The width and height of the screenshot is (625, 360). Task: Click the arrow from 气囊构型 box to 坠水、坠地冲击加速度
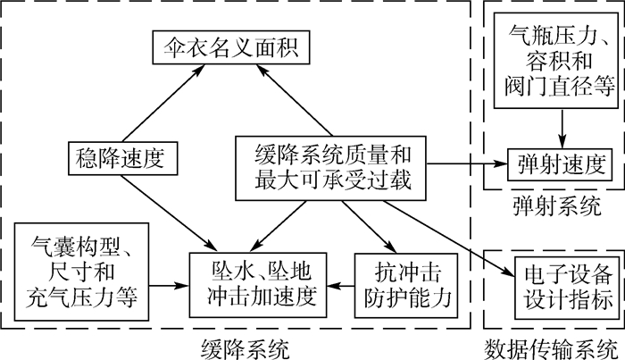(x=168, y=286)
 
